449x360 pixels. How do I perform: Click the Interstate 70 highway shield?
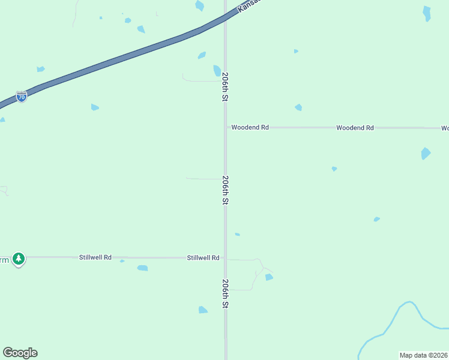(21, 97)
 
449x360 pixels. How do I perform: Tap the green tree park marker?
(19, 259)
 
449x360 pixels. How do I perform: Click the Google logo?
(20, 353)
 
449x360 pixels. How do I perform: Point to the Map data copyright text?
(424, 355)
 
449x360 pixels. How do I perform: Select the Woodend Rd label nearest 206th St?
(250, 128)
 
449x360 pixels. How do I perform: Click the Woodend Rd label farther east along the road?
(355, 128)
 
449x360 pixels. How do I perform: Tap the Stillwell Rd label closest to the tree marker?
(95, 257)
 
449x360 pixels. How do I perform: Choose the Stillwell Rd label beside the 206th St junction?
(203, 257)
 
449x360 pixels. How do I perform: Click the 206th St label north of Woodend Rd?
(225, 87)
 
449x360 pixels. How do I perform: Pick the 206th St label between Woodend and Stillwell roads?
(225, 190)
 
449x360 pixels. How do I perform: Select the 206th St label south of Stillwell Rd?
(225, 293)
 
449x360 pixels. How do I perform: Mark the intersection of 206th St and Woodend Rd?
(226, 128)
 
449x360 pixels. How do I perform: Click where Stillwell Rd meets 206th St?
(226, 258)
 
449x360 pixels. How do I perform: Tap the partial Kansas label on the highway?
(249, 5)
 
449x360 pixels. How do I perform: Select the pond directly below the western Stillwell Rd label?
(142, 268)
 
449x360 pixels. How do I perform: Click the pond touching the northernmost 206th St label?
(217, 71)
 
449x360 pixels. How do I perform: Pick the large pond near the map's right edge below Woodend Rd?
(426, 153)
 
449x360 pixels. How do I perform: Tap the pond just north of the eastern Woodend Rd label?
(298, 107)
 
